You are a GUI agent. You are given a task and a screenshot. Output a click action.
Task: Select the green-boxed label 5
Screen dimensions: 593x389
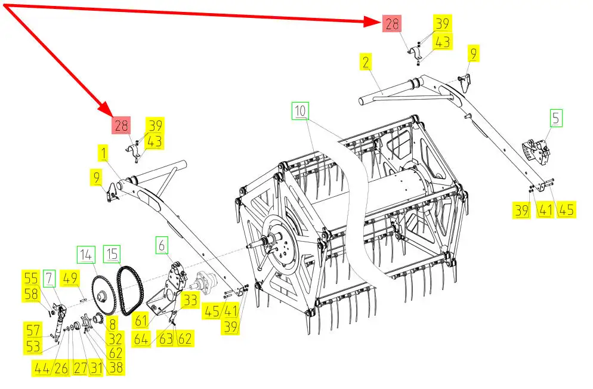click(556, 118)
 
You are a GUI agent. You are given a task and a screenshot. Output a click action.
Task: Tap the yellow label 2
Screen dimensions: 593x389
click(366, 63)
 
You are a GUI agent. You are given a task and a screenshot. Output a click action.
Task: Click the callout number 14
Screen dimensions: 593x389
click(86, 254)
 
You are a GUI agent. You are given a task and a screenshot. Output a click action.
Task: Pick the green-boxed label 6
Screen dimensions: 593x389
click(162, 244)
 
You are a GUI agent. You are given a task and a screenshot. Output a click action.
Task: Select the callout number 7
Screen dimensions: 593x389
click(50, 278)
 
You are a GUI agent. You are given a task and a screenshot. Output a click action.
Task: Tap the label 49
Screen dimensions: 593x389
click(71, 278)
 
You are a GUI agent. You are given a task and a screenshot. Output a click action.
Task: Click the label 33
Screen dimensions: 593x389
click(190, 300)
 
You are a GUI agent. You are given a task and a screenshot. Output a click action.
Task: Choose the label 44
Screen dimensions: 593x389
click(42, 368)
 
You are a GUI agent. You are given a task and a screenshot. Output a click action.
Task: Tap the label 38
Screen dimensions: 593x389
click(116, 368)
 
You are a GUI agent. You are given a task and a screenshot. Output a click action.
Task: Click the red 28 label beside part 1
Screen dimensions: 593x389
click(121, 126)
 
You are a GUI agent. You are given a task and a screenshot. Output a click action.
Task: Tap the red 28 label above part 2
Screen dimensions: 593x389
click(392, 24)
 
